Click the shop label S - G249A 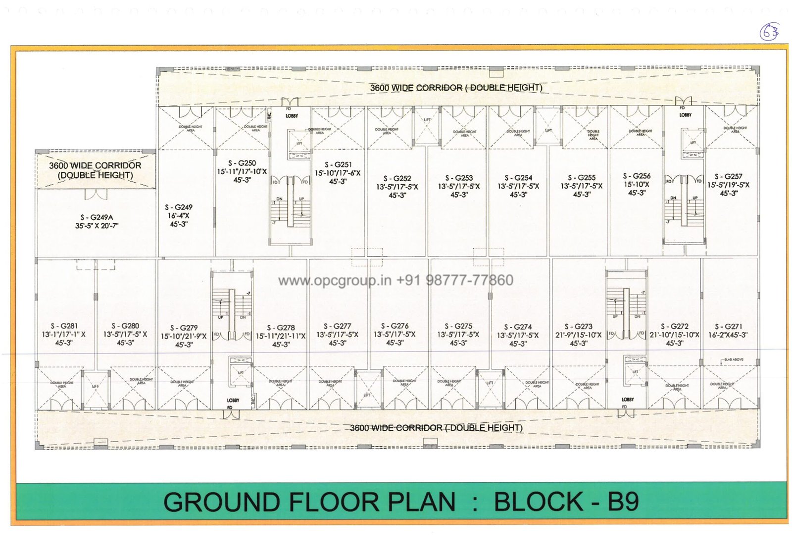[x=97, y=217]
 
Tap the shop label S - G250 [x=242, y=163]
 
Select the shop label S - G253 [x=459, y=178]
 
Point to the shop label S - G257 [x=728, y=176]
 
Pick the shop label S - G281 [x=64, y=326]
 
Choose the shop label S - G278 [x=281, y=327]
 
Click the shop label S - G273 [x=578, y=326]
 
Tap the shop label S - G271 [x=728, y=326]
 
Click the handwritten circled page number [x=769, y=32]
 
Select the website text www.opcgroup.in [x=335, y=281]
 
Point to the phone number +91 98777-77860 [x=454, y=281]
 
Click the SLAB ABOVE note [x=734, y=359]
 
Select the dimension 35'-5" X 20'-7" [x=97, y=226]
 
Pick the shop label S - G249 [x=179, y=207]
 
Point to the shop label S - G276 [x=395, y=326]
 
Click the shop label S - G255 [x=582, y=177]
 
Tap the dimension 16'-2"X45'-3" [x=728, y=335]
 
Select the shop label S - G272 [x=675, y=326]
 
